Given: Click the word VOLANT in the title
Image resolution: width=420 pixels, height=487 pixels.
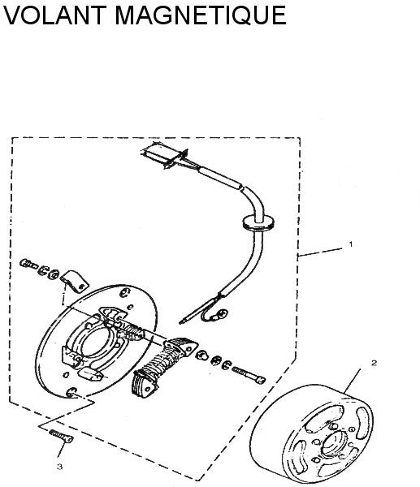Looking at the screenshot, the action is click(x=54, y=15).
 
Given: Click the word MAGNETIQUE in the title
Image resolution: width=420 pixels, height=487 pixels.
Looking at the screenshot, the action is click(x=201, y=15).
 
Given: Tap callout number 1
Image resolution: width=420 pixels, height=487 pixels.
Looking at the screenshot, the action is click(x=351, y=244).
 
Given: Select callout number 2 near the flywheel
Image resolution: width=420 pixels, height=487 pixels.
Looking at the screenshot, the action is click(x=374, y=363).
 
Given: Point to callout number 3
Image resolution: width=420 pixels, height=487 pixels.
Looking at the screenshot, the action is click(x=59, y=467).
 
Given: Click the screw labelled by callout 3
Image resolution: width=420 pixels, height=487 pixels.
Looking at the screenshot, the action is click(x=61, y=436).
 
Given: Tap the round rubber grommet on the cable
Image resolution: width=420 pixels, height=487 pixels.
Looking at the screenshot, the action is click(x=258, y=222).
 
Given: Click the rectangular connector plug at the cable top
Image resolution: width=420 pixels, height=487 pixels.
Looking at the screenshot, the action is click(x=164, y=156).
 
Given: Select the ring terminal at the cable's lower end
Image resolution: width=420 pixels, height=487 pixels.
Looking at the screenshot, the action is click(x=222, y=315).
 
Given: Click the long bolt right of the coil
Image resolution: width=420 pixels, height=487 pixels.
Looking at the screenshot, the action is click(x=249, y=374).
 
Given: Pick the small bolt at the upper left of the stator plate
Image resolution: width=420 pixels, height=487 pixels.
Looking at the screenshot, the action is click(x=28, y=265).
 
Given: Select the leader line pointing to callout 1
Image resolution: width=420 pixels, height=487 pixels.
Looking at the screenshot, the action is click(x=319, y=252).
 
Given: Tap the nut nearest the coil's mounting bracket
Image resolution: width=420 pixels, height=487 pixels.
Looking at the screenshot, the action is click(x=202, y=355).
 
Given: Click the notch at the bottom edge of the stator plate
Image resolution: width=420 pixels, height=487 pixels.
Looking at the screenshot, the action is click(x=71, y=392).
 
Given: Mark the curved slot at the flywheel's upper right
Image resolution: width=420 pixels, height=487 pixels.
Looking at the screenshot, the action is click(x=364, y=423).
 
